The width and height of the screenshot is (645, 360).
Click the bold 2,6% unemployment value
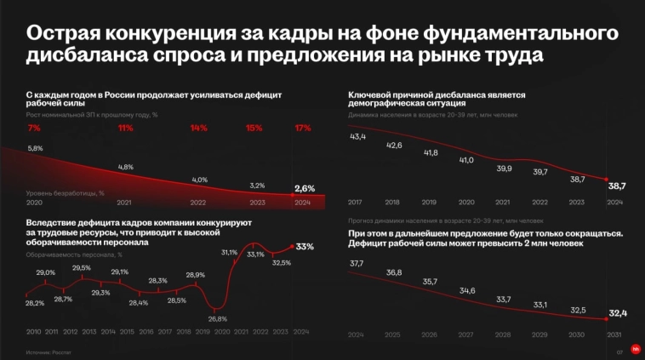click(x=304, y=188)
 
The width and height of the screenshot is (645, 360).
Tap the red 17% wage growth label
click(x=303, y=129)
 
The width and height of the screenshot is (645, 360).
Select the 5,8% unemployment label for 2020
click(x=35, y=148)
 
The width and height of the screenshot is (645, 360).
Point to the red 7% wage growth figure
click(x=34, y=129)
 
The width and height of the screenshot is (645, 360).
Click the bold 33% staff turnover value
click(x=305, y=246)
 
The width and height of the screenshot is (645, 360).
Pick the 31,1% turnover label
click(x=229, y=253)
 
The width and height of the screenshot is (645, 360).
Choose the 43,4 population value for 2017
click(x=358, y=137)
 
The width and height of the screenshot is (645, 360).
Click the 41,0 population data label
click(x=466, y=160)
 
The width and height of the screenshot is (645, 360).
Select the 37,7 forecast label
click(x=357, y=263)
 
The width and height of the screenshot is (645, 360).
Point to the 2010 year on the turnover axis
click(x=34, y=332)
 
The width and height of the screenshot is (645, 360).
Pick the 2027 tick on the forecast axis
click(x=466, y=334)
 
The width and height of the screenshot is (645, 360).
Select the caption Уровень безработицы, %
click(x=66, y=193)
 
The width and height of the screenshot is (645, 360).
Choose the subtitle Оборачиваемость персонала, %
click(x=73, y=254)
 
